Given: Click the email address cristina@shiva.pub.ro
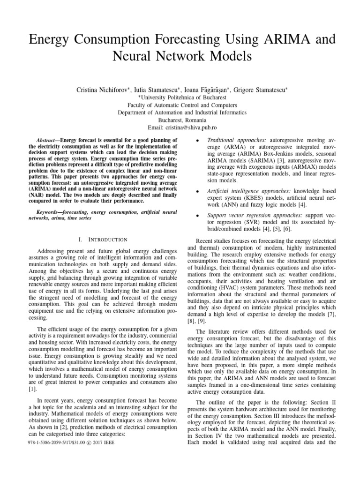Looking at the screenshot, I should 194,127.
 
